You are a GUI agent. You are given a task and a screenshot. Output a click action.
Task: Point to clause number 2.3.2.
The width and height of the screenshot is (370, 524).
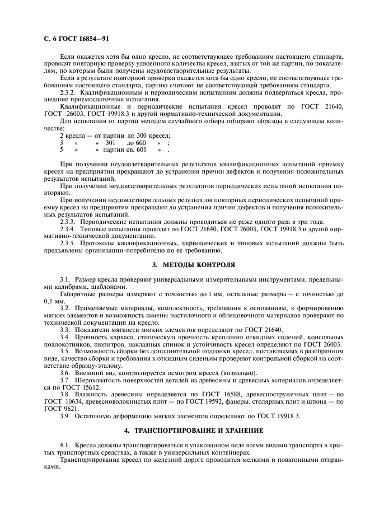click(x=68, y=91)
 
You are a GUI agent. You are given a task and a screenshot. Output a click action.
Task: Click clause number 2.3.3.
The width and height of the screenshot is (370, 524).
click(x=68, y=220)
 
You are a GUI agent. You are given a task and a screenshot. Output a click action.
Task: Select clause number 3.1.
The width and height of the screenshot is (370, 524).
click(x=65, y=279)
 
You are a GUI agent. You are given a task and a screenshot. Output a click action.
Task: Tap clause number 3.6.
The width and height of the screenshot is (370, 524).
click(x=65, y=373)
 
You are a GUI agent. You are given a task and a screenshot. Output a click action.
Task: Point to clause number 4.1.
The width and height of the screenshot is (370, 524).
click(x=65, y=445)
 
